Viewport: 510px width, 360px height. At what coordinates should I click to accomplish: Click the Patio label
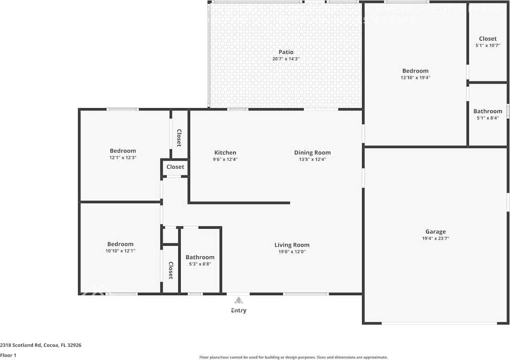286,52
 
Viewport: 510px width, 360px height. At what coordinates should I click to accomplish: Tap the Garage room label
435,232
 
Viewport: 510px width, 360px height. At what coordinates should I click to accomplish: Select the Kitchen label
225,153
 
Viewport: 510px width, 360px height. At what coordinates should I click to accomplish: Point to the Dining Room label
312,153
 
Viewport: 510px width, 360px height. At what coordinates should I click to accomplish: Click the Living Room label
292,245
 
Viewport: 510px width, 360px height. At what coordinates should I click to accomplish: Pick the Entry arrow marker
239,300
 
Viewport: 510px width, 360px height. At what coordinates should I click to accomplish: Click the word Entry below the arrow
239,311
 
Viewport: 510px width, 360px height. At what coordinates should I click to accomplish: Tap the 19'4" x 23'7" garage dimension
435,238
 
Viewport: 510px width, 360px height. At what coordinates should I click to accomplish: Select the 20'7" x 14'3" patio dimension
286,59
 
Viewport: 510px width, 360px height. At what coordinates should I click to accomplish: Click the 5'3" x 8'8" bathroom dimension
200,264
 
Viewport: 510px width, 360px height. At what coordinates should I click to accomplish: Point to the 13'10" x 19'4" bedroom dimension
415,77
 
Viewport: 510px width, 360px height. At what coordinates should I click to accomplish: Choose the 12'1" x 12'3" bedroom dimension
123,157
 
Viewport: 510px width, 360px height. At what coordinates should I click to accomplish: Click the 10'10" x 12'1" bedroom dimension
120,251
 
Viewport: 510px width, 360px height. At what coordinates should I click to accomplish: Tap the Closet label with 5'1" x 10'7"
488,39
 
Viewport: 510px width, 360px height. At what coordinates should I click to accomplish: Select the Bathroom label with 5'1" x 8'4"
488,111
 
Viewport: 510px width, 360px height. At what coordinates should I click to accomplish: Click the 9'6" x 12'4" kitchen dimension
225,159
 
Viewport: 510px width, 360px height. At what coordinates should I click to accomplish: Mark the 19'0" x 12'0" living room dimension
292,251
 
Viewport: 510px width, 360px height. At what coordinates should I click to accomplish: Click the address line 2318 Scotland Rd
41,345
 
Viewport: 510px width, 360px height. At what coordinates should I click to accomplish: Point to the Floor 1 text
8,355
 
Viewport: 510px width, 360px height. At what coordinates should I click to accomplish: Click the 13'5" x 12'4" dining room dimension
312,159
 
